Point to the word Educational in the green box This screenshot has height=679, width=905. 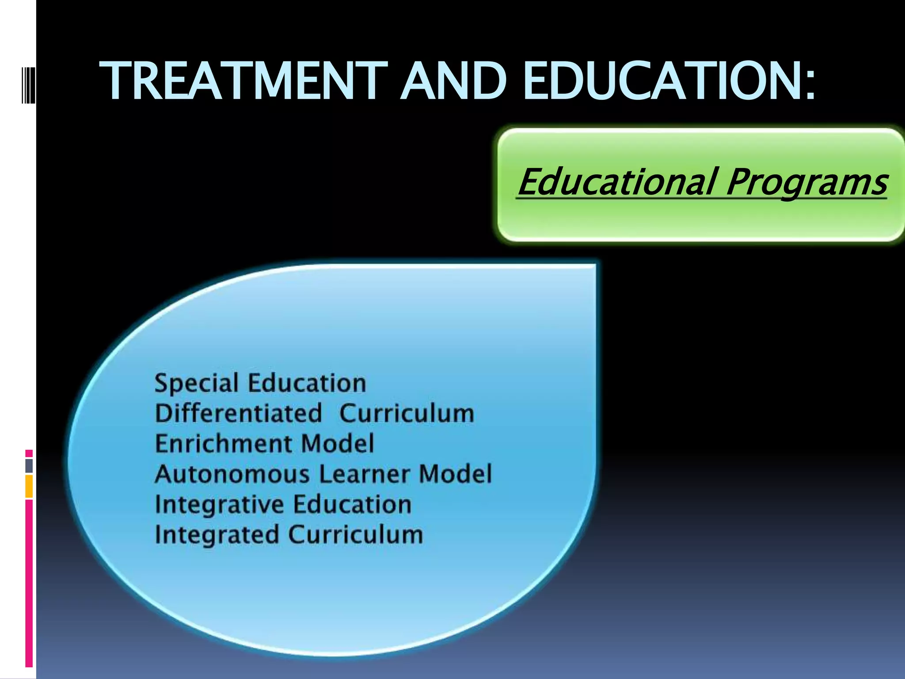point(617,182)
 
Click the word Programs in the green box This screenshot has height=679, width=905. point(806,183)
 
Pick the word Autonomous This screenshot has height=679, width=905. point(232,474)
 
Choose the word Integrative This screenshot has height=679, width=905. point(220,505)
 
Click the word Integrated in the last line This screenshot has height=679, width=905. point(217,535)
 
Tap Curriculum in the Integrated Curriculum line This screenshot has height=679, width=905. point(356,535)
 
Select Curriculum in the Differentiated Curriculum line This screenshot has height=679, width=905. point(407,414)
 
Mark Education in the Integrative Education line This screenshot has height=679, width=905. point(353,505)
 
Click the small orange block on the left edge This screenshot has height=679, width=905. point(29,486)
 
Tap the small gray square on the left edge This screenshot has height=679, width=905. point(29,466)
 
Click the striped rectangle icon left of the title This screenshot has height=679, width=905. point(28,81)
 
